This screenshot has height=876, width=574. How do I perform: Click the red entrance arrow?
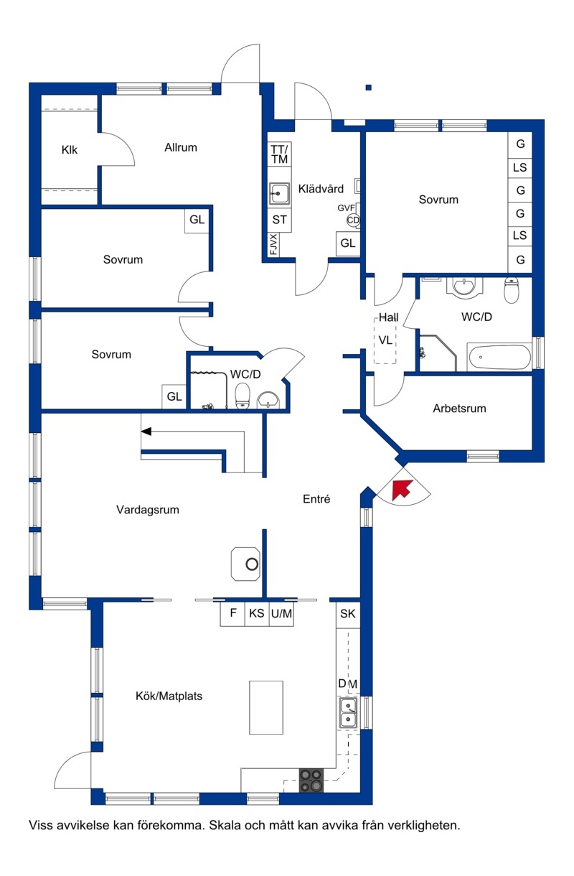point(401,490)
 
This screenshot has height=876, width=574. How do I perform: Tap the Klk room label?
point(70,150)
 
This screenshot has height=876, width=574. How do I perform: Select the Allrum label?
point(181,147)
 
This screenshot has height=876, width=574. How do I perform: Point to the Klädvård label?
point(321,189)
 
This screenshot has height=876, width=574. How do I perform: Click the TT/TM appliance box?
point(280,154)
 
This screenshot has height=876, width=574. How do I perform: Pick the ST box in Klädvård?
point(280,220)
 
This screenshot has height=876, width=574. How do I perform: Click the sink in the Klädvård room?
point(279,194)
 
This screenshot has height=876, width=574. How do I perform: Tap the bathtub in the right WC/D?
point(499,357)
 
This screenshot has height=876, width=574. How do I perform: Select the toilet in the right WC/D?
point(511,290)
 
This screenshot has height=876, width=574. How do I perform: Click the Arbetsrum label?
point(459,409)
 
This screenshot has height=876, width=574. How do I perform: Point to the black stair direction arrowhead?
point(146,432)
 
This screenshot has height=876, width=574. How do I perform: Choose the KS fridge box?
point(257,613)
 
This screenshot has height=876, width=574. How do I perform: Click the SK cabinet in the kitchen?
point(348,614)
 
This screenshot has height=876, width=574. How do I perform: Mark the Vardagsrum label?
point(148,510)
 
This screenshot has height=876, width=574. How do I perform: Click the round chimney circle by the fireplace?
point(252,564)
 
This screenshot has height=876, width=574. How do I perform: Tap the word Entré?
point(316,499)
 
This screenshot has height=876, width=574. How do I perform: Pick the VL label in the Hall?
point(385,340)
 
